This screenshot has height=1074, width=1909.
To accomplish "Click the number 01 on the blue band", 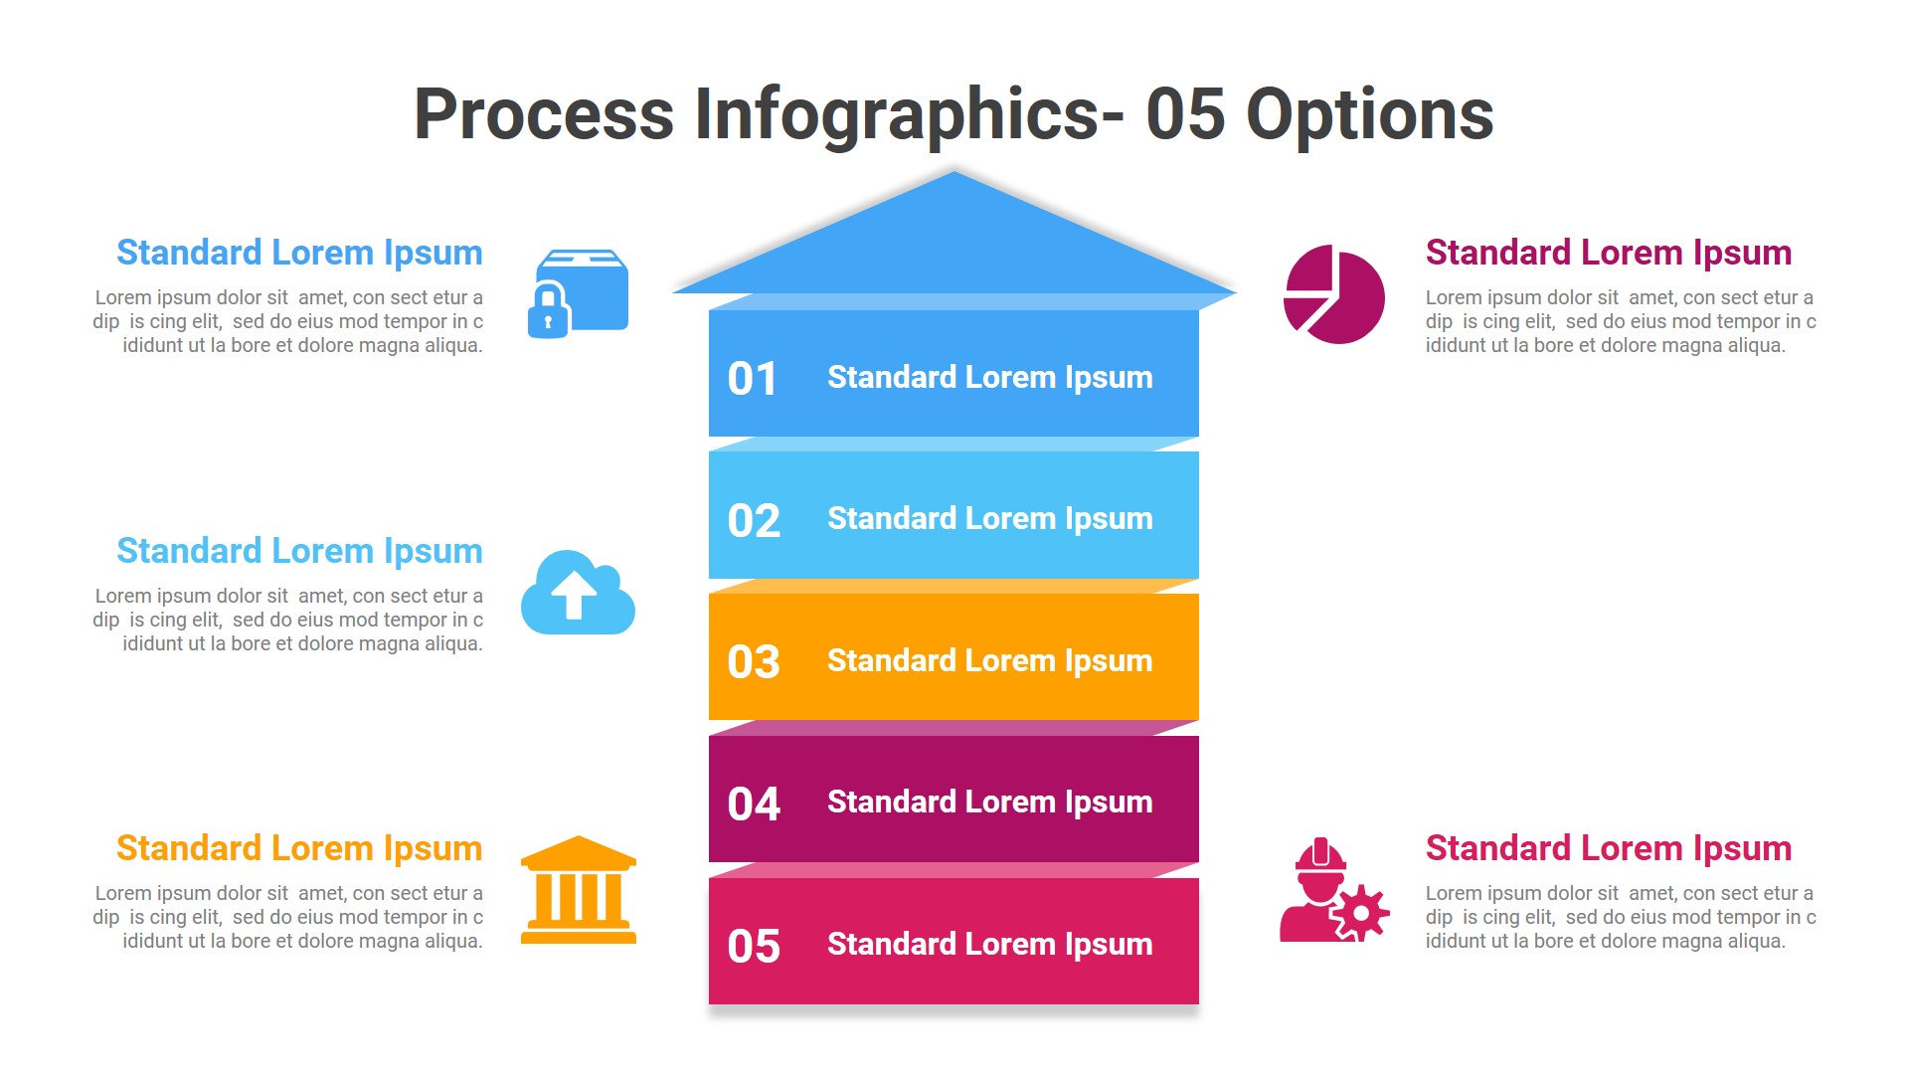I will (752, 379).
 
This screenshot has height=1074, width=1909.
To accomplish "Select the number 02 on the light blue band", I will (753, 521).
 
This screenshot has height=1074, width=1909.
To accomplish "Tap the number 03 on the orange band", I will (753, 662).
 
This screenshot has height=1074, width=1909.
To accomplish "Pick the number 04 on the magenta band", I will (753, 805).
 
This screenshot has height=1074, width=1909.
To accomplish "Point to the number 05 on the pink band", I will (753, 947).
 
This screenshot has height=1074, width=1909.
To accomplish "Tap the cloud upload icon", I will (578, 594).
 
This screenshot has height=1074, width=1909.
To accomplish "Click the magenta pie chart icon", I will (1333, 295).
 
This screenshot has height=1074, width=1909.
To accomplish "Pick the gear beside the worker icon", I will (1360, 912).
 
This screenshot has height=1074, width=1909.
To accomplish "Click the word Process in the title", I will (543, 114).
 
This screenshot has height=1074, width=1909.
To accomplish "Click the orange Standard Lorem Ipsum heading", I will (299, 848).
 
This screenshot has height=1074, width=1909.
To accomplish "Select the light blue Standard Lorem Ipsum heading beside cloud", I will (299, 551).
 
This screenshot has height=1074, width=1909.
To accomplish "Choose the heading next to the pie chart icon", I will (1608, 253).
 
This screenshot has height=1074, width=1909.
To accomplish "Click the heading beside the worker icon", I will (1608, 848).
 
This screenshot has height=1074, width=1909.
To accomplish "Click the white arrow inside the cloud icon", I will (574, 595).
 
